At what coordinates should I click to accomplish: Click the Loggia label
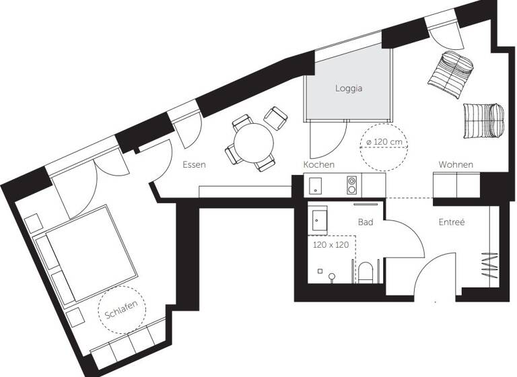pos(349,88)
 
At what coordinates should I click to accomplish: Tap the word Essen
pos(194,164)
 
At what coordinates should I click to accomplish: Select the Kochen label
pos(318,165)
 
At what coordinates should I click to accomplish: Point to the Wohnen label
pos(456,165)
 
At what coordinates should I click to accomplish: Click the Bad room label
pos(366,221)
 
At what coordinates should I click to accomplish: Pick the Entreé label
pos(452,221)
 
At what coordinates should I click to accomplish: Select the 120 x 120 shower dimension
pos(331,245)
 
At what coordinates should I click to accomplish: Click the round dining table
pos(254,142)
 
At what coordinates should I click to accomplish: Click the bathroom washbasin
pos(318,219)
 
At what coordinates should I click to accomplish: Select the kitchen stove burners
pos(351,184)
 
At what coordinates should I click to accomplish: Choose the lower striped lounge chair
pos(482,119)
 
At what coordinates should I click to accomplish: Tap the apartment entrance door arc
pos(430,279)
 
